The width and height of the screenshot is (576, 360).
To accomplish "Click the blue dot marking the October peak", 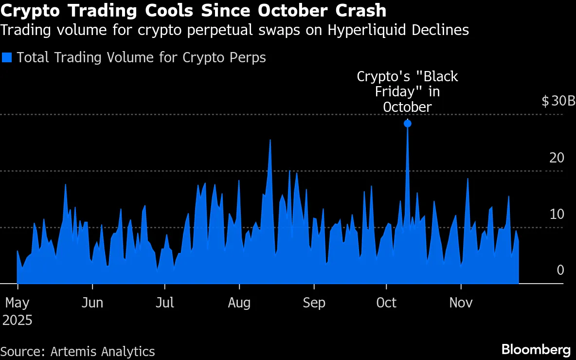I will [x=407, y=124].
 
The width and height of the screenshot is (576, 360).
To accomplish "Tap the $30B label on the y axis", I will [x=558, y=102].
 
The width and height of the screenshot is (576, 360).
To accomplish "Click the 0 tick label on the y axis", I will [x=560, y=270].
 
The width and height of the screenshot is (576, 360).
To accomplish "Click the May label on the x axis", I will [x=18, y=303].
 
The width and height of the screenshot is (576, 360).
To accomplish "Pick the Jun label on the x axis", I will [x=92, y=303].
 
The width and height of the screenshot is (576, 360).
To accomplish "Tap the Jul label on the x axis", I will [x=165, y=303].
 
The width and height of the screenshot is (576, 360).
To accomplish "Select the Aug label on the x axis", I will [x=239, y=303].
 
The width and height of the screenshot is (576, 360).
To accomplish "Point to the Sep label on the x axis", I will [x=314, y=303].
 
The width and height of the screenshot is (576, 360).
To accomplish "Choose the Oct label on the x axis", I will [x=387, y=303].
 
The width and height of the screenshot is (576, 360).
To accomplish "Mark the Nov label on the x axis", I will [x=461, y=303].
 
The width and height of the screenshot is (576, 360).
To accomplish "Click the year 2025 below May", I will [x=18, y=320].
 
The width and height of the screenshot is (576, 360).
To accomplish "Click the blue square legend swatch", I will [x=7, y=57].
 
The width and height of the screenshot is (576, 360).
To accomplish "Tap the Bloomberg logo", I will [x=536, y=349].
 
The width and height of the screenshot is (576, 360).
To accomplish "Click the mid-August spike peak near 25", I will [x=270, y=140].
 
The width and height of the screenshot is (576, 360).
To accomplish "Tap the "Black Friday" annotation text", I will [x=407, y=91].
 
